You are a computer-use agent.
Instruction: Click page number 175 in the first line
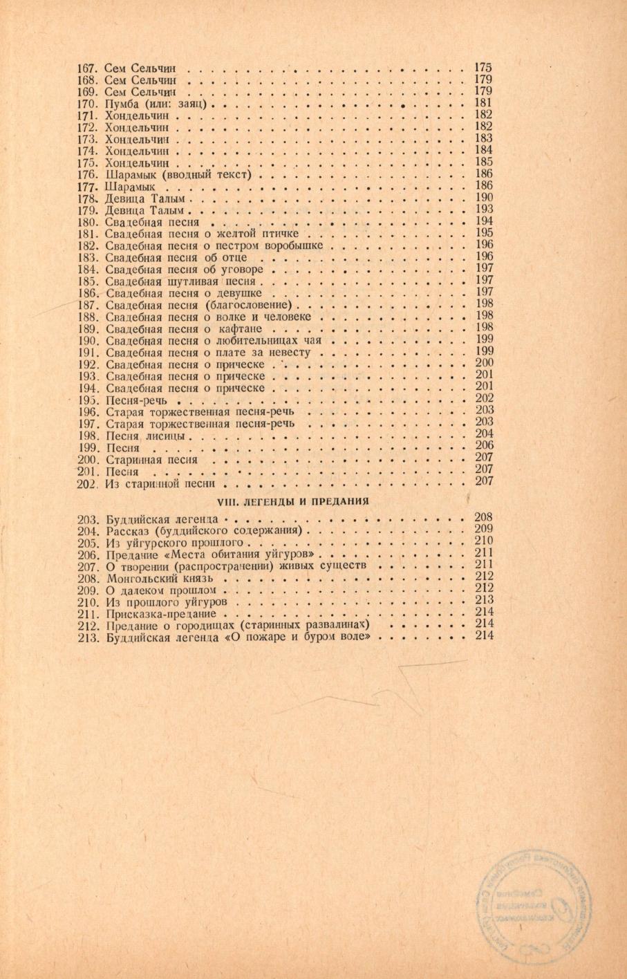point(483,67)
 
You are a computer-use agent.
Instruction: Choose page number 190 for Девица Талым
point(484,198)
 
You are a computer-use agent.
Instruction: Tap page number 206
point(484,446)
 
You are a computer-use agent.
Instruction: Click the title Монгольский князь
point(160,577)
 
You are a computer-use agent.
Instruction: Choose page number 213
point(484,599)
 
